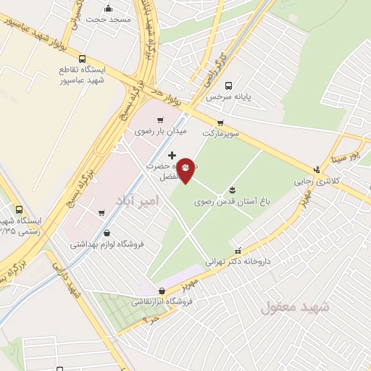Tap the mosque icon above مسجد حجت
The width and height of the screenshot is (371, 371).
click(109, 9)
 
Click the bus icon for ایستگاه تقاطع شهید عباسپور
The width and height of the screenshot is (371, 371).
click(82, 59)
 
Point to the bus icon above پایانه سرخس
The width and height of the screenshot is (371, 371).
click(229, 86)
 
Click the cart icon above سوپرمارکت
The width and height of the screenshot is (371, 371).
click(220, 122)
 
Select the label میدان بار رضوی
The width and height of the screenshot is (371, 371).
click(160, 132)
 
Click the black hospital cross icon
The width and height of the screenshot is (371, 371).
click(172, 155)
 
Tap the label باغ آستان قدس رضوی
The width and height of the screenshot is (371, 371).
click(230, 203)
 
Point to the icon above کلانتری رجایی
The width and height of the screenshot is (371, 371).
click(315, 170)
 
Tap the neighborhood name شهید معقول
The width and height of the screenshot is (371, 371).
click(295, 307)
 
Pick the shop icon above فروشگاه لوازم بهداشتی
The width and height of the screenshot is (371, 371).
click(107, 233)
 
